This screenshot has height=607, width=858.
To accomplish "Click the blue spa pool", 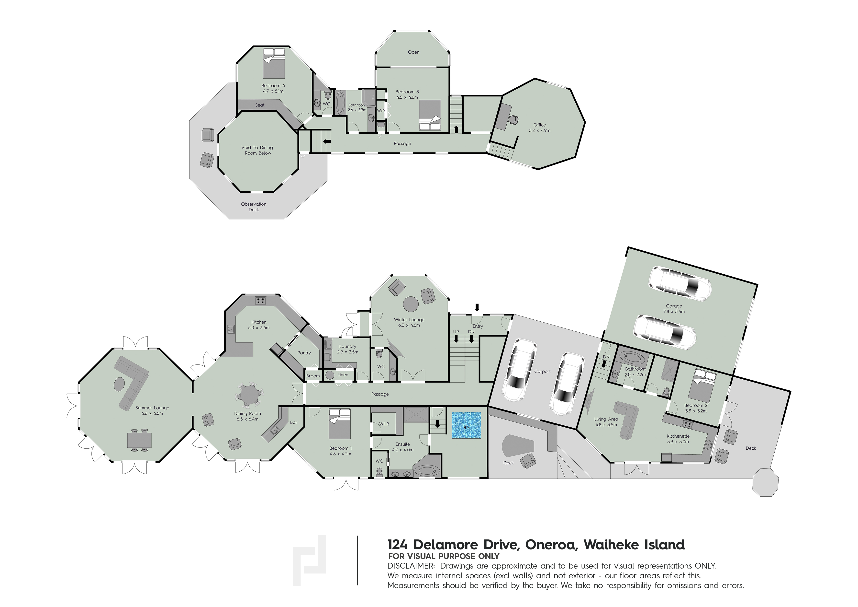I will click(x=466, y=425).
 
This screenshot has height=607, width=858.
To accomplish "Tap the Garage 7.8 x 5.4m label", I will click(x=674, y=309).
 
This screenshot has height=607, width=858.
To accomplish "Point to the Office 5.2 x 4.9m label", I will click(x=539, y=128).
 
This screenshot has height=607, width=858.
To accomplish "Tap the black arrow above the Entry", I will click(x=477, y=307).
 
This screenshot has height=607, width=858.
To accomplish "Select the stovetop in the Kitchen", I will click(x=260, y=300).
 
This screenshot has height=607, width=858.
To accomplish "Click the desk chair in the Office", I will click(x=514, y=120).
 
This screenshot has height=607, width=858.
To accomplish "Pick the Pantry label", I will click(x=304, y=353).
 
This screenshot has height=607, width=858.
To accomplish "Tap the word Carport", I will click(x=542, y=371).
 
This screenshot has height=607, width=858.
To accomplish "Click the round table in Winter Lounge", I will click(x=410, y=304).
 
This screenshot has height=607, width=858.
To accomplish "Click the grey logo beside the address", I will click(x=309, y=560).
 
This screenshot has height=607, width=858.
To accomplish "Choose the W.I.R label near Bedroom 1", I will click(x=384, y=424).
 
